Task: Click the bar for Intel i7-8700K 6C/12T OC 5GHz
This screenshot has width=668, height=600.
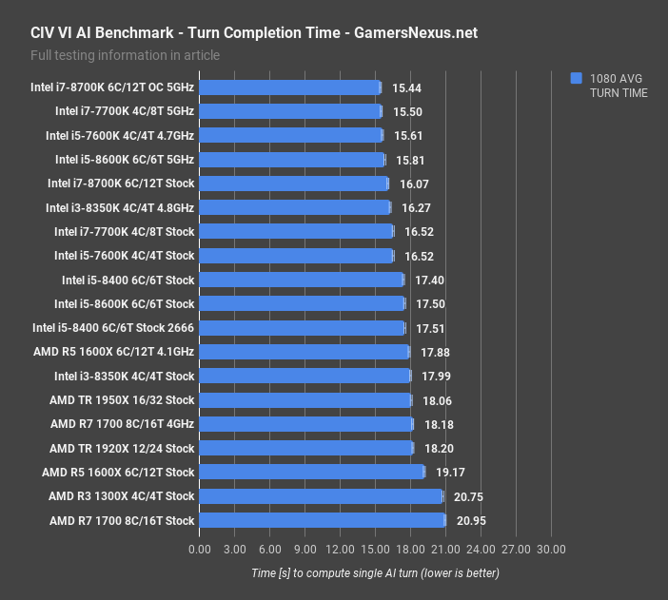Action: point(290,87)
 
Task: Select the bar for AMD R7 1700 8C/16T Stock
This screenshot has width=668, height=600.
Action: point(323,520)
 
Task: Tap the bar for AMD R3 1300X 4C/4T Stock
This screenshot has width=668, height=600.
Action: point(322,496)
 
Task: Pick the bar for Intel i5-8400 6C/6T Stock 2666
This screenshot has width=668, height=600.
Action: point(303,328)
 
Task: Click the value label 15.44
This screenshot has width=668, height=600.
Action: point(406,87)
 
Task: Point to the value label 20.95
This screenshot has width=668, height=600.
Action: point(472,521)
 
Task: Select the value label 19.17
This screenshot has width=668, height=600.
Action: point(451,473)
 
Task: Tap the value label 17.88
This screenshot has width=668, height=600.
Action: point(436,352)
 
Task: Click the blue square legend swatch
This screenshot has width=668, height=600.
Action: point(576,78)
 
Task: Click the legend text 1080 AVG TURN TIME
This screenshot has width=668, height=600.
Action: point(618,86)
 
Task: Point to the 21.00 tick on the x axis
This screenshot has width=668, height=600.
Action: point(446,549)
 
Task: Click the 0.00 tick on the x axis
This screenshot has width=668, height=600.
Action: point(200,549)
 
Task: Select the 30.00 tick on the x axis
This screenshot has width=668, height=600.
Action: point(551,549)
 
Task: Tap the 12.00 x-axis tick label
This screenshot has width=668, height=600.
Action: point(341,549)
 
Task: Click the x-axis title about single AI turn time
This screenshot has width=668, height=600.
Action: point(375,573)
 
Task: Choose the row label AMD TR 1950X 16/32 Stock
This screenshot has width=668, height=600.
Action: point(122,400)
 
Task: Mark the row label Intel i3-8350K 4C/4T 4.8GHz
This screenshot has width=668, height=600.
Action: point(119,207)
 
